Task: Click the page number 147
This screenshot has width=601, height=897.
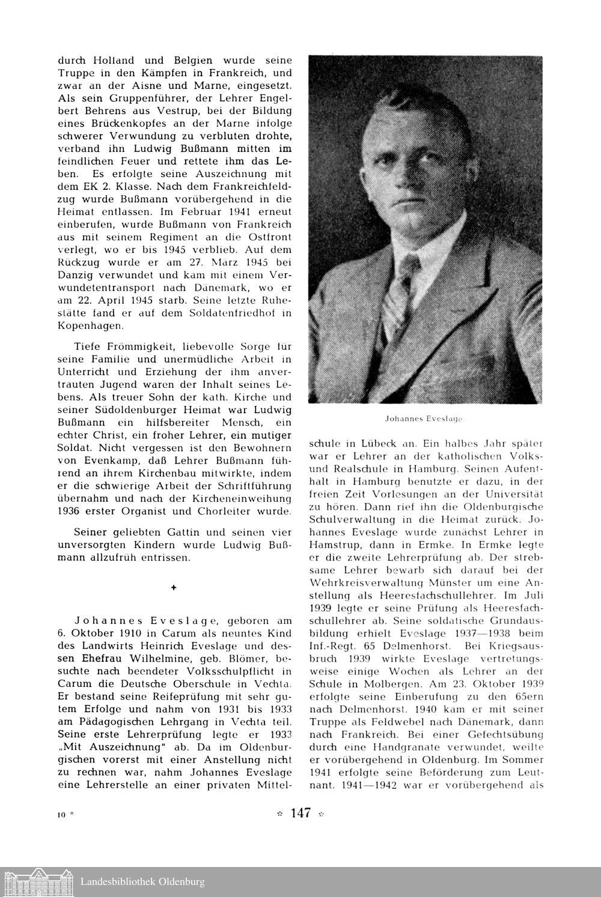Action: coord(300,814)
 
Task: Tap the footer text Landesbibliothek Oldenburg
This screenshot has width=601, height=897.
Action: coord(142,882)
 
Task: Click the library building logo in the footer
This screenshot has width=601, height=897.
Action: coord(37,881)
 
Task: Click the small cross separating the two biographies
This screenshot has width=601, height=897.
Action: coord(174,588)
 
